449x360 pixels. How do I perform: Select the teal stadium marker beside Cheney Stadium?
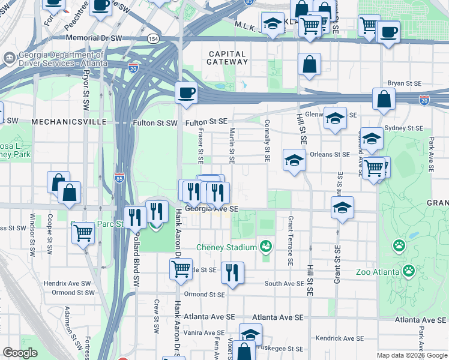tap(265, 246)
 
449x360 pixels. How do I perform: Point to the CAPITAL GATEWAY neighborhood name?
tap(226, 58)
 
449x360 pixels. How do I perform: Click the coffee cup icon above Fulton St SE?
tap(186, 94)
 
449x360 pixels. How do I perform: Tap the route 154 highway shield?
tap(154, 38)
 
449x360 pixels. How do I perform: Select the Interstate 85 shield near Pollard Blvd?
tap(119, 178)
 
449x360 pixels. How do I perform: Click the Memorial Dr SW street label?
tap(96, 38)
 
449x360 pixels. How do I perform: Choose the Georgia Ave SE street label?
tap(212, 209)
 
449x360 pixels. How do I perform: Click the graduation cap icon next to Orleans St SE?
tap(294, 160)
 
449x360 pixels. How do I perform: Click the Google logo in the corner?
tap(20, 353)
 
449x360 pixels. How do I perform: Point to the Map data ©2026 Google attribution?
tap(411, 355)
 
